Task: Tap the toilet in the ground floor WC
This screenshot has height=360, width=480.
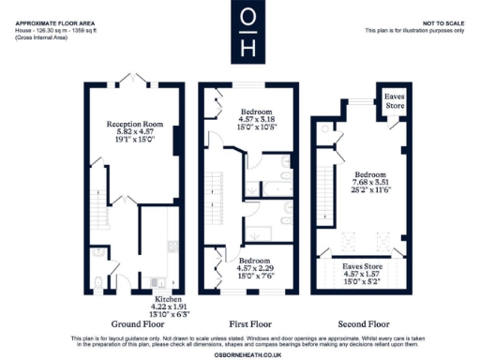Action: pos(99,279)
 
